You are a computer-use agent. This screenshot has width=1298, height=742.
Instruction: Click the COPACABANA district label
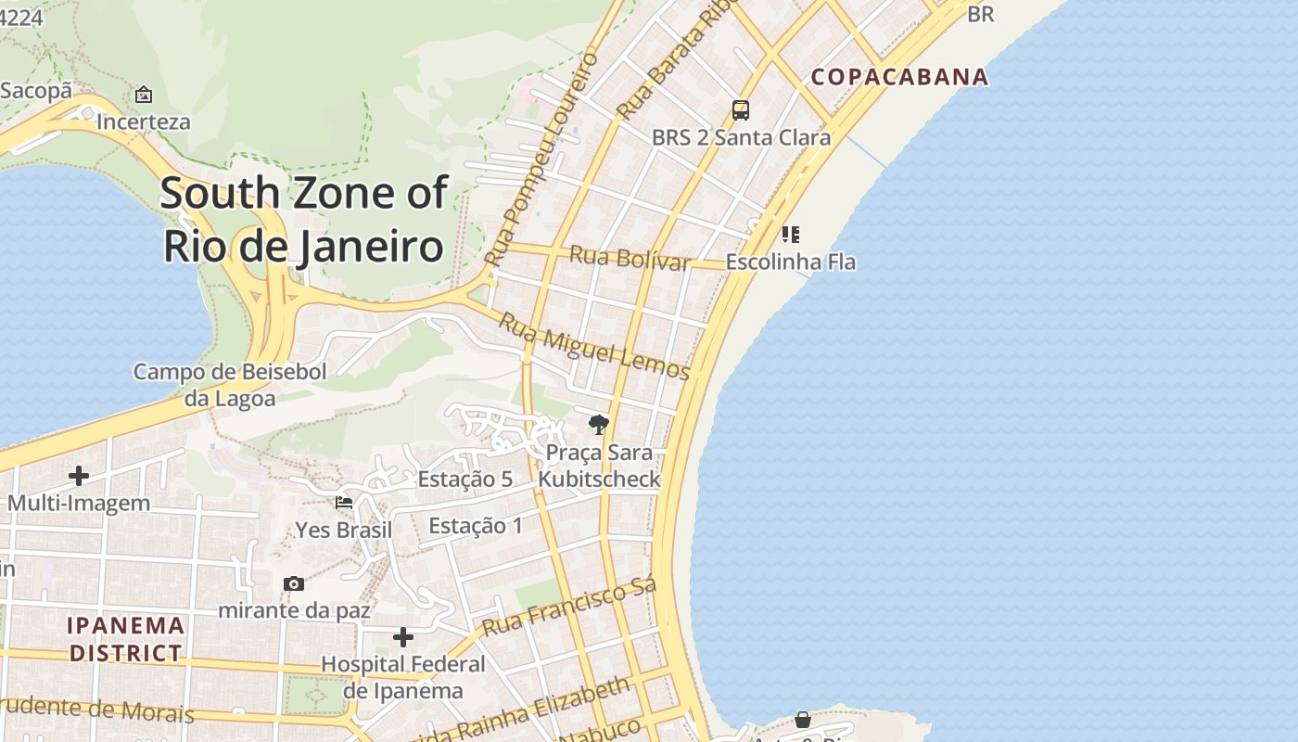point(899,76)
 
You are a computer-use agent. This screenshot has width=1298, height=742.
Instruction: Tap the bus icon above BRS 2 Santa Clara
point(740,110)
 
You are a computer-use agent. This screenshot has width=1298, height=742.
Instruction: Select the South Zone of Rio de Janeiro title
point(304,220)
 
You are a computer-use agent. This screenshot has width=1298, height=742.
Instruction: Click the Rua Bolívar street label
point(630,258)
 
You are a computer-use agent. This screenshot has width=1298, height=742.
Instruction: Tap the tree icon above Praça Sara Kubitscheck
point(599,425)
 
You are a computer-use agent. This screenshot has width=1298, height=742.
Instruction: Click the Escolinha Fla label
point(790,262)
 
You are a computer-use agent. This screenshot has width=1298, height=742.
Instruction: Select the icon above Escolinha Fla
point(790,234)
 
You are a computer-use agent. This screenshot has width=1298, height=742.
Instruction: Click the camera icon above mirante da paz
point(294,583)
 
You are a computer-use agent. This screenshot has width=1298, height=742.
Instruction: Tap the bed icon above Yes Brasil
point(344,503)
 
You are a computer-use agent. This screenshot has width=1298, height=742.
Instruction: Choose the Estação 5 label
point(464,480)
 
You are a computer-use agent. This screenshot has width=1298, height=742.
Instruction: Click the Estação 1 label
point(475,527)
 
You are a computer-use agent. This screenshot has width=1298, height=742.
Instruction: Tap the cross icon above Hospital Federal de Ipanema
point(403,637)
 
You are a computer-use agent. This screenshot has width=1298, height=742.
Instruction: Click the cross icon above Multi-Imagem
point(79,476)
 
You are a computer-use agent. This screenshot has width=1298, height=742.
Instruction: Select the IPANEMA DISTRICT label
point(126,639)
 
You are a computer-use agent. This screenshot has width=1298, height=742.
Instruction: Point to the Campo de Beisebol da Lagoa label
point(230,385)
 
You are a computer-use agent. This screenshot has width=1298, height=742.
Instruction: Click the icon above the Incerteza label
point(144,95)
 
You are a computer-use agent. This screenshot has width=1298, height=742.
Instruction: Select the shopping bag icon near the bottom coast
point(803,720)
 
